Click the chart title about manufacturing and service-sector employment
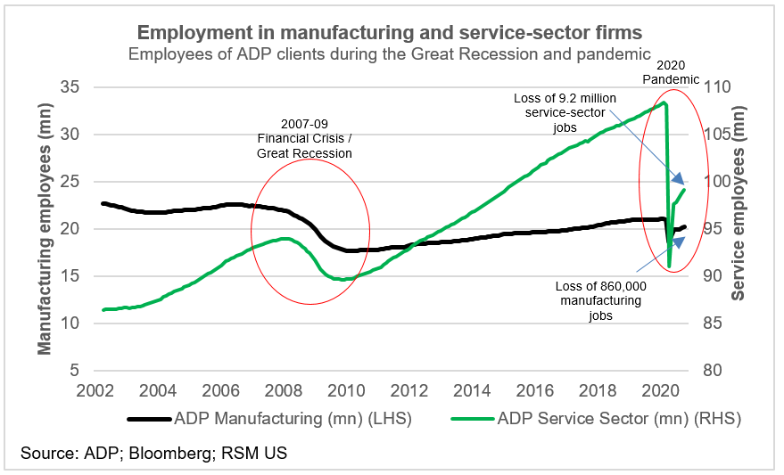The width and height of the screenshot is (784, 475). pyautogui.click(x=389, y=33)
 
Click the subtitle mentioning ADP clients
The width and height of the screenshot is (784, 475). pyautogui.click(x=389, y=53)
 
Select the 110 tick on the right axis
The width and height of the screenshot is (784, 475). pyautogui.click(x=716, y=87)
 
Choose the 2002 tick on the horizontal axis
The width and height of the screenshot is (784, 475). pyautogui.click(x=95, y=390)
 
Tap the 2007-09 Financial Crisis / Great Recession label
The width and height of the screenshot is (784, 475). pyautogui.click(x=304, y=139)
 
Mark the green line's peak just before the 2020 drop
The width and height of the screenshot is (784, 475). pyautogui.click(x=664, y=102)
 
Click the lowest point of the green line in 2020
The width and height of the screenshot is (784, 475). pyautogui.click(x=670, y=266)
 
